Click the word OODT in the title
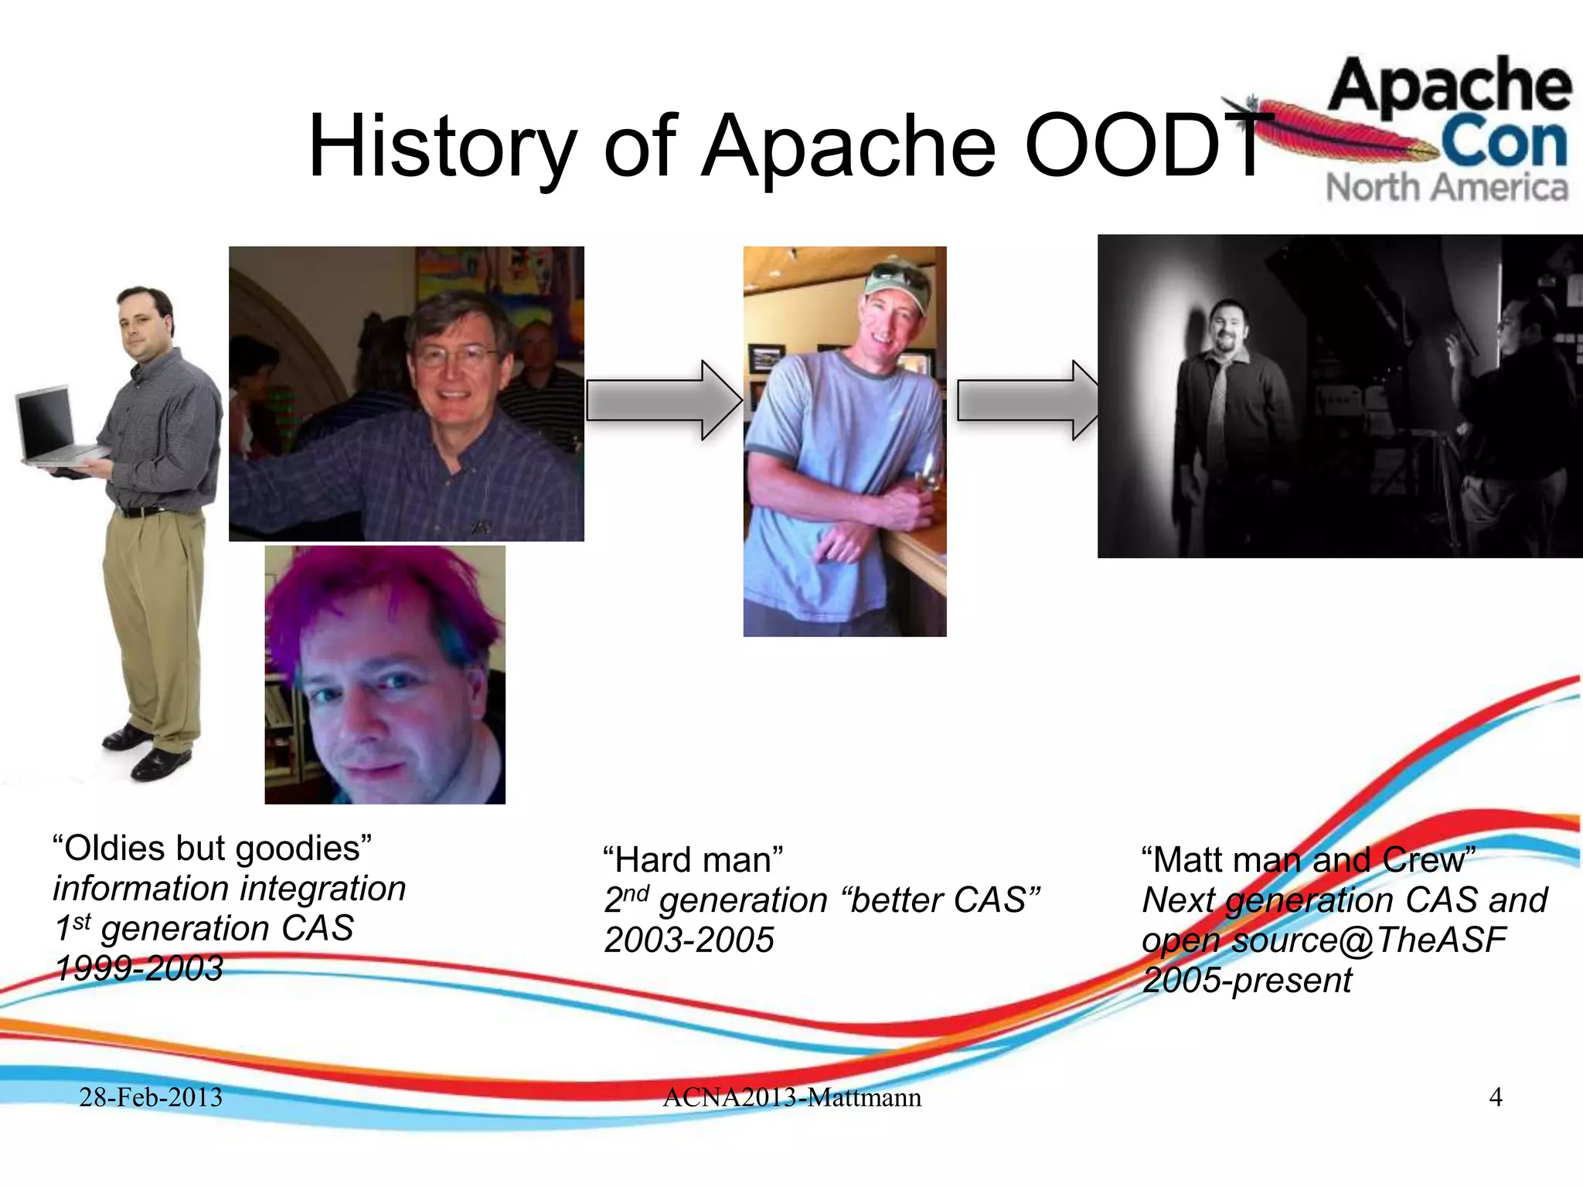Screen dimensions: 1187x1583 pos(1144,147)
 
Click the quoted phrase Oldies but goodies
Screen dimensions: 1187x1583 pos(212,849)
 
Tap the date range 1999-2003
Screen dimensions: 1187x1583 pos(139,968)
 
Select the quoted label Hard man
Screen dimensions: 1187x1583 pos(693,860)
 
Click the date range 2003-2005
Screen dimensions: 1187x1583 pos(689,940)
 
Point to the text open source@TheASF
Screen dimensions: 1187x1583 pos(1323,940)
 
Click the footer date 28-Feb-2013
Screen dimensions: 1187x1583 pos(151,1097)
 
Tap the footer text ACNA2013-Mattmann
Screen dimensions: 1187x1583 pos(791,1097)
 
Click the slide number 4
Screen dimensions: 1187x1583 pos(1495,1097)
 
